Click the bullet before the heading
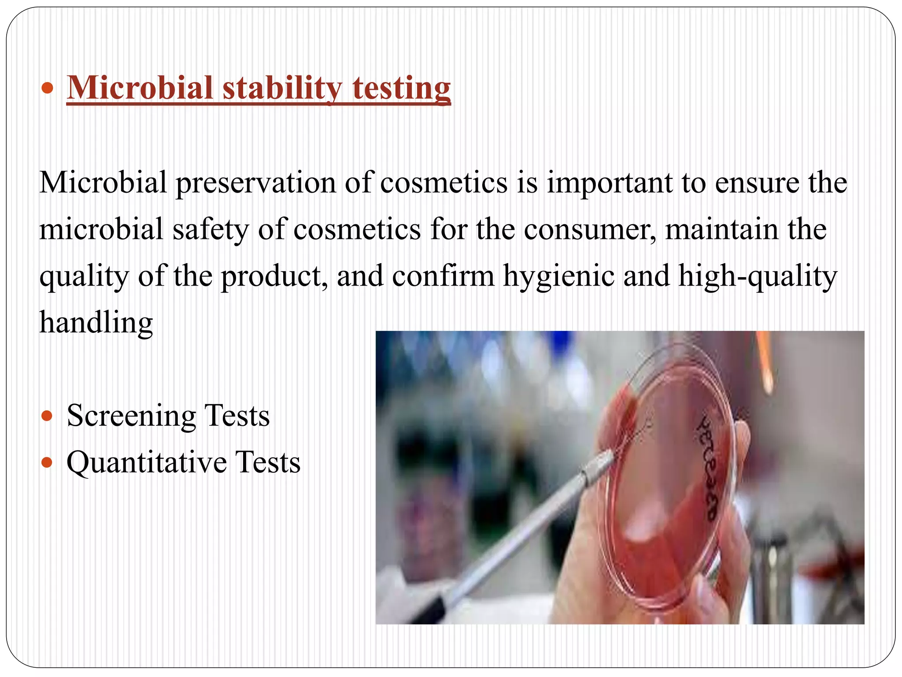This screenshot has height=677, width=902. tap(47, 88)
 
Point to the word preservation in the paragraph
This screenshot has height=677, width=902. tap(255, 182)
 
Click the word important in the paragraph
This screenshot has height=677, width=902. tap(610, 182)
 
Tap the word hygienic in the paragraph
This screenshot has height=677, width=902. tap(558, 276)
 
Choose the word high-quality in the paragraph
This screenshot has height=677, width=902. tap(757, 276)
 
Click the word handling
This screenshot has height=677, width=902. tap(96, 323)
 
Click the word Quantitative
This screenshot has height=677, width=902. tap(147, 462)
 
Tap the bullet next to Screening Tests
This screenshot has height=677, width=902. tap(47, 416)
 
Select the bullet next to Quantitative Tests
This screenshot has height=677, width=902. tap(47, 462)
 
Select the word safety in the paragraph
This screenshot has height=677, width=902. tap(211, 229)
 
